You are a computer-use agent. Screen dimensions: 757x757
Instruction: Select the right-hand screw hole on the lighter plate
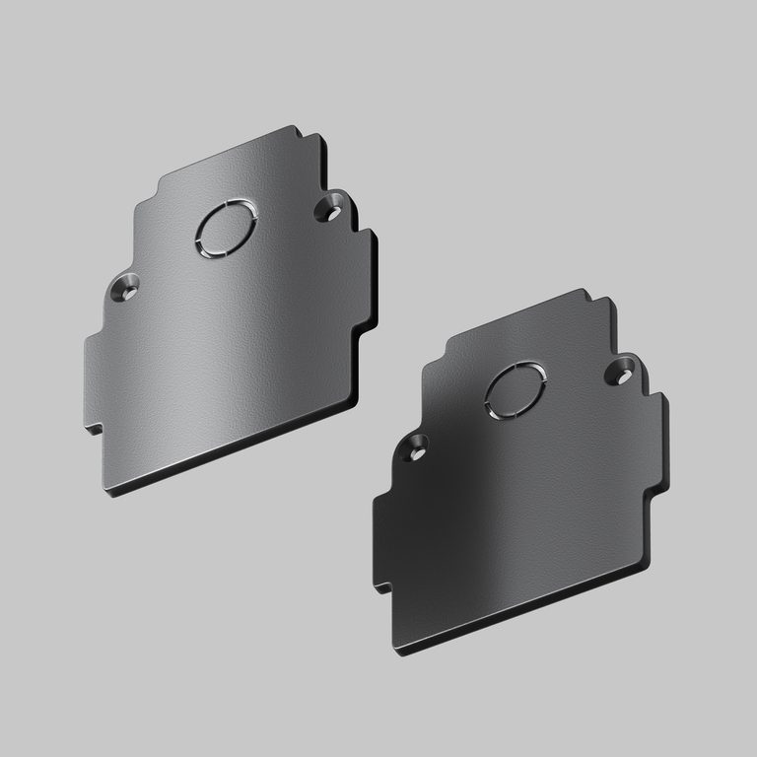click(328, 209)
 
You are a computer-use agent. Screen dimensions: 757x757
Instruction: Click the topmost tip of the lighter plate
click(295, 128)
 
